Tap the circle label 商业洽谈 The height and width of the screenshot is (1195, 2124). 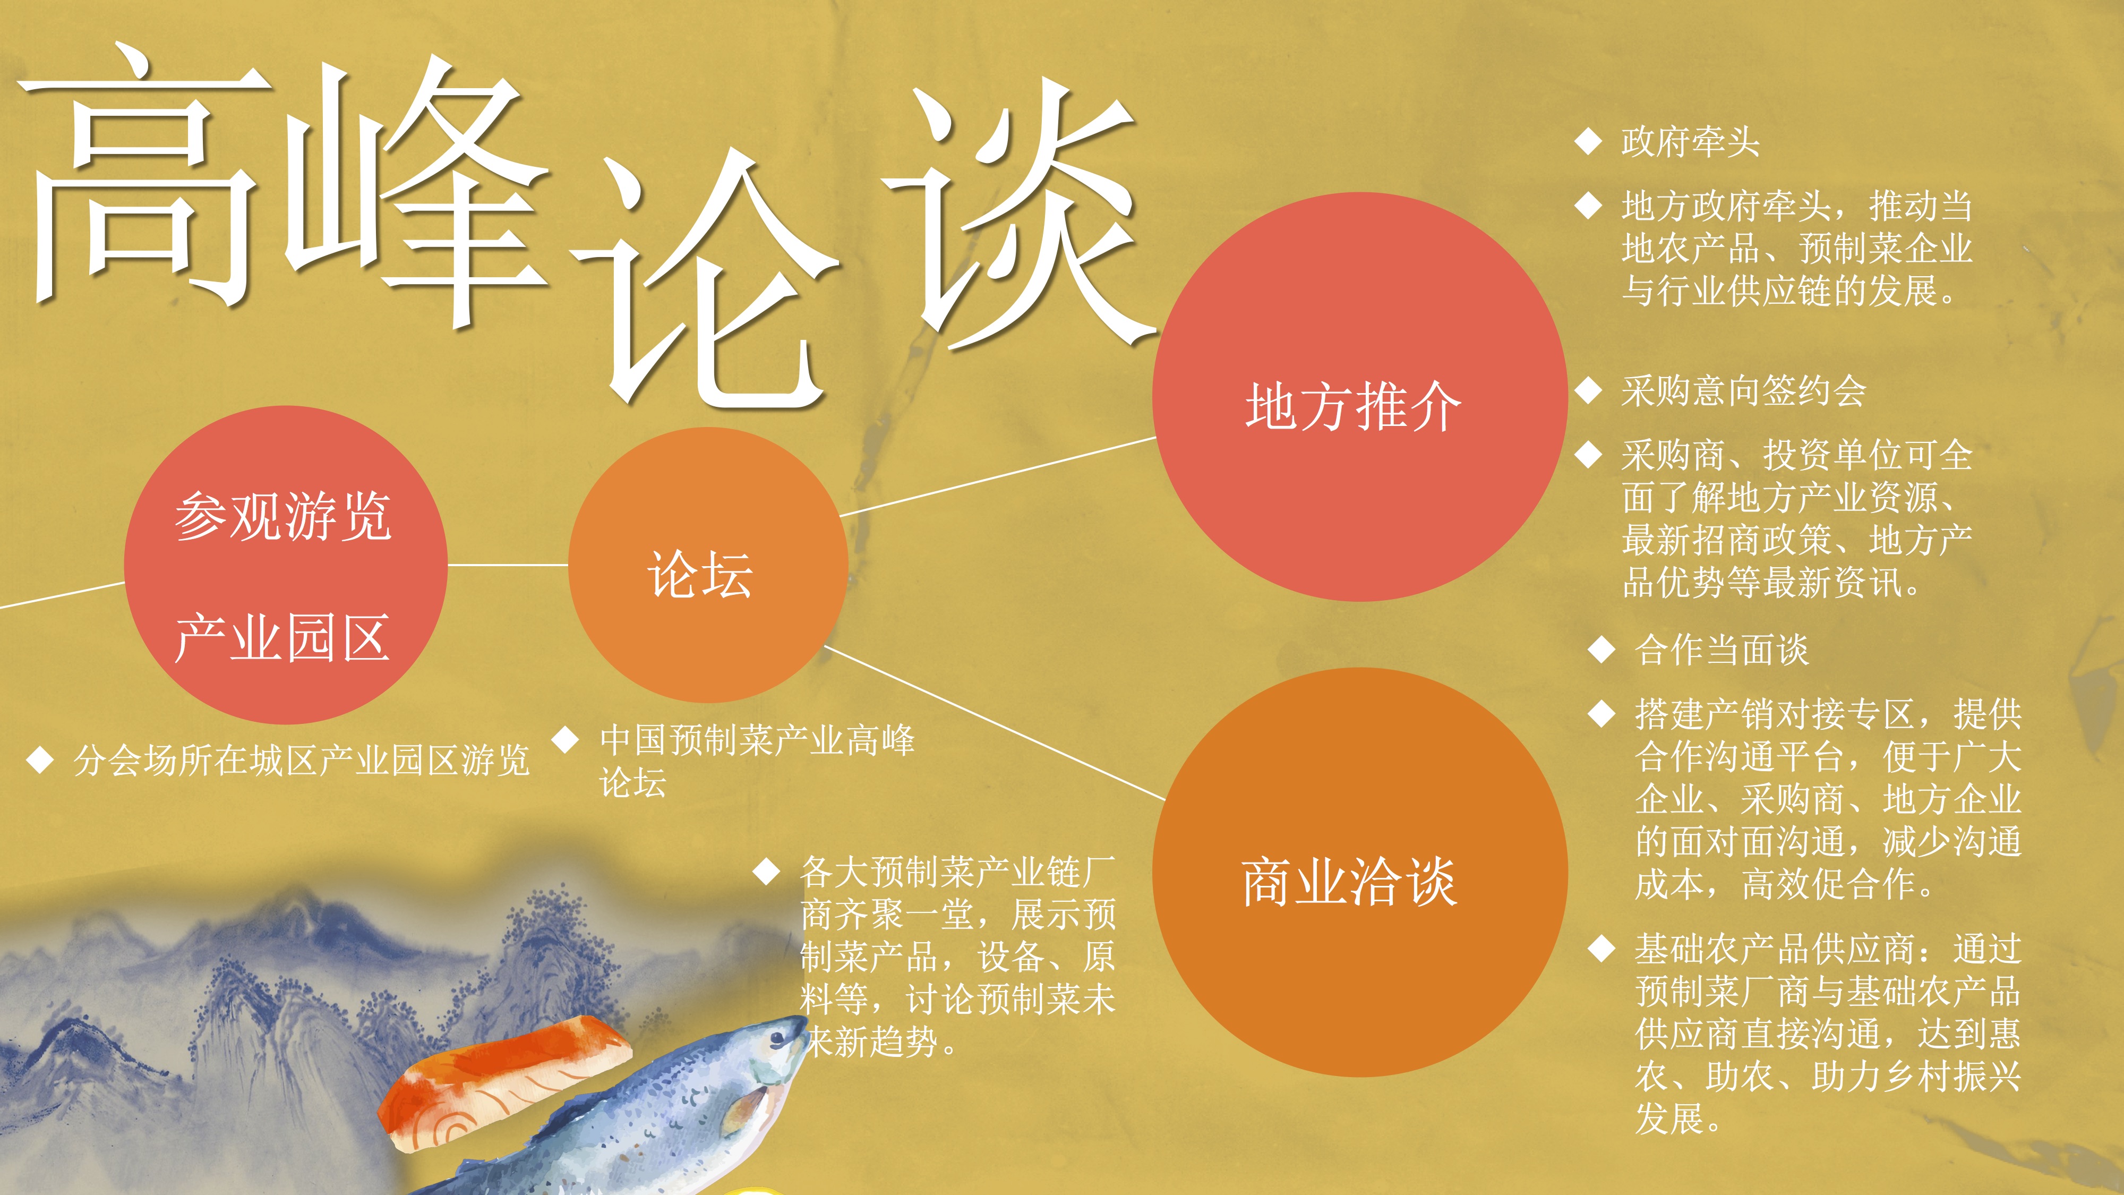1350,882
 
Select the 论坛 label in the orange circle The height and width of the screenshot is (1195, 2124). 700,574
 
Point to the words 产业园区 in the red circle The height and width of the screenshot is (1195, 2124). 282,637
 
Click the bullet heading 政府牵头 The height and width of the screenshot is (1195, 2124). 1690,142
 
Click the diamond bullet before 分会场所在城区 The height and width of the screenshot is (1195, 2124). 40,759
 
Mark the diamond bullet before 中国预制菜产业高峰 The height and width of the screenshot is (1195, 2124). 566,739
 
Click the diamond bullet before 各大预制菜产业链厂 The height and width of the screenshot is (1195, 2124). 767,871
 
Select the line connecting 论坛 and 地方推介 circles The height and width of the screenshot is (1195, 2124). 998,477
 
